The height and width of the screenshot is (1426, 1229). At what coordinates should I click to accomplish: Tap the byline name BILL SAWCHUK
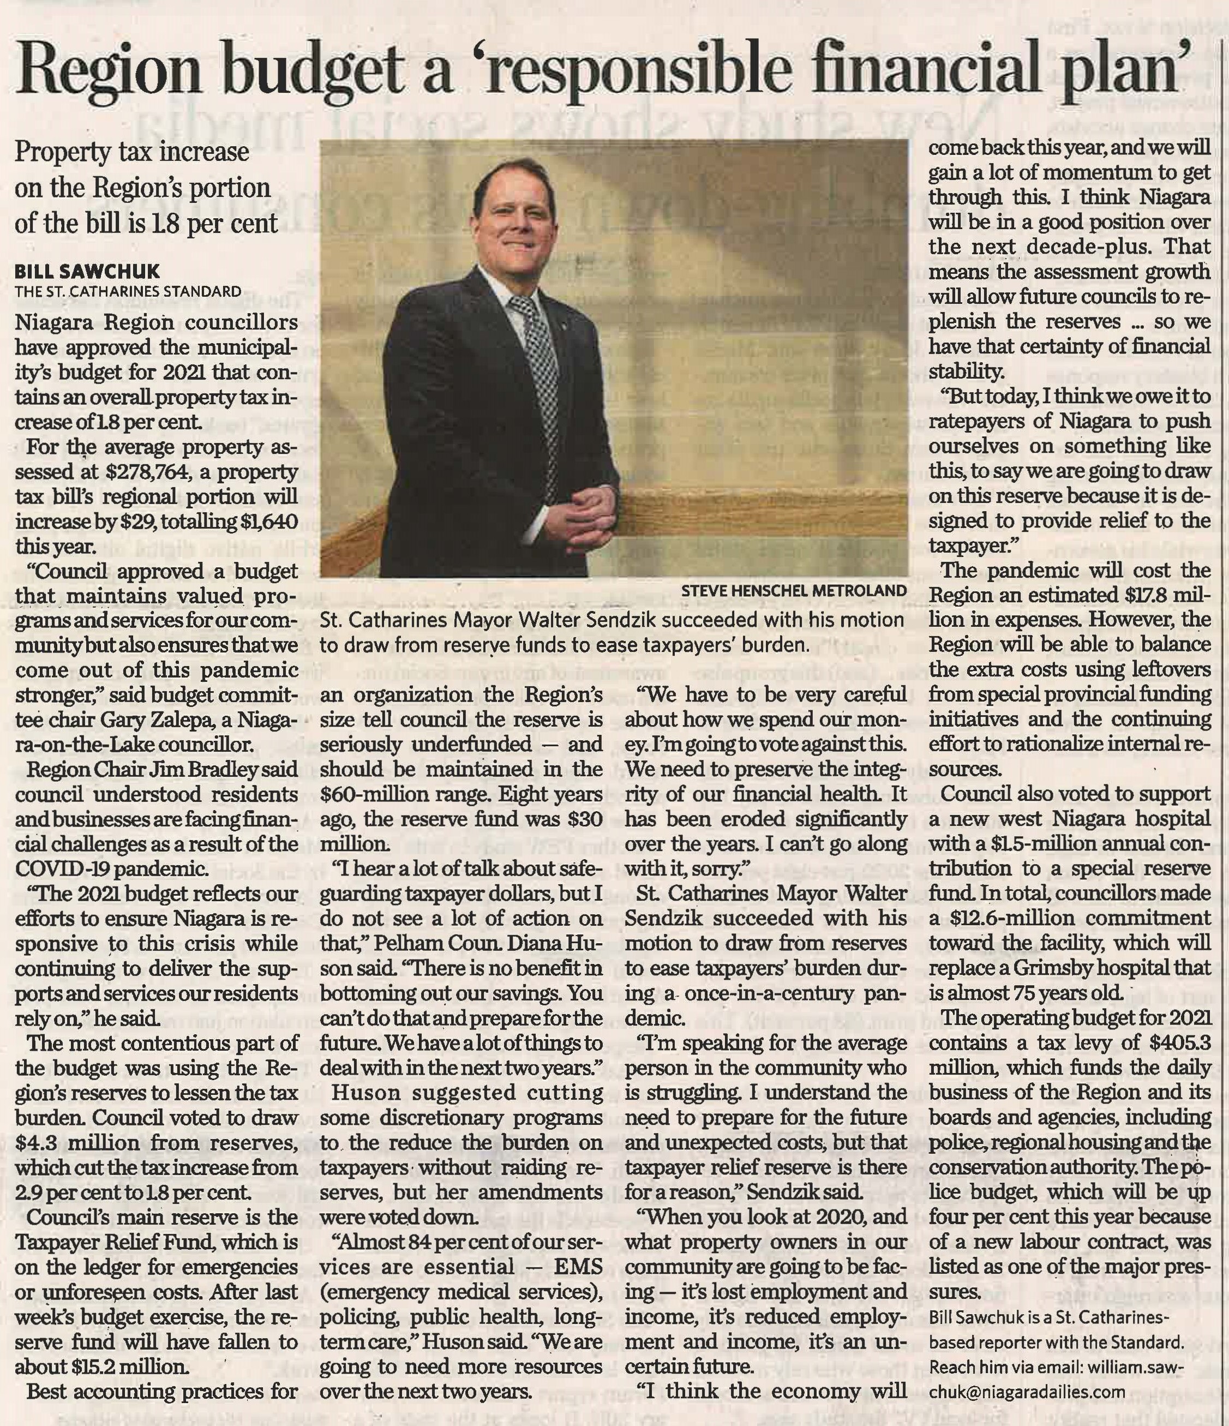[x=87, y=271]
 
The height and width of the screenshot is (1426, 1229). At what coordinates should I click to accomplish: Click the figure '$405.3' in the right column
[x=1180, y=1042]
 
